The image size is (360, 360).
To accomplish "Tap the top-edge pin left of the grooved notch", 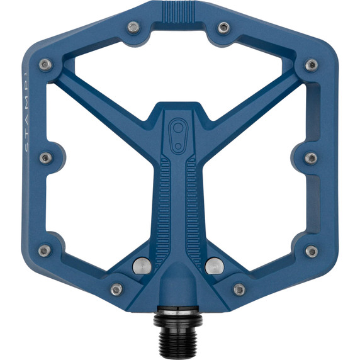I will [133, 27].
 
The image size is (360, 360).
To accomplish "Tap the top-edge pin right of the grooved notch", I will [224, 27].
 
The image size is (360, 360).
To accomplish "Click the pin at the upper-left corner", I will [44, 65].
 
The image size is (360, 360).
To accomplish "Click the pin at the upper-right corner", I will [312, 65].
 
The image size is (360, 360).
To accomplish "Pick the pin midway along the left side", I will [45, 157].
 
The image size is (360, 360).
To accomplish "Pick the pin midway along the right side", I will [312, 157].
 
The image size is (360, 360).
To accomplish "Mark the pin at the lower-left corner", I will [44, 250].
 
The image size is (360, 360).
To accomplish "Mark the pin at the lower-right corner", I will [312, 251].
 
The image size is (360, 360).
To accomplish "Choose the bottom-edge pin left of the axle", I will [116, 290].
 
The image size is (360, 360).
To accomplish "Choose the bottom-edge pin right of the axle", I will [239, 290].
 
